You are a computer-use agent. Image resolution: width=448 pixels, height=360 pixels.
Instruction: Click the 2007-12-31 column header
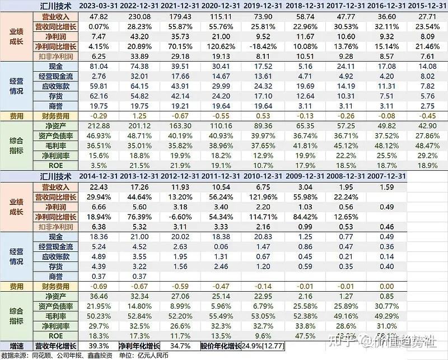[x=388, y=176]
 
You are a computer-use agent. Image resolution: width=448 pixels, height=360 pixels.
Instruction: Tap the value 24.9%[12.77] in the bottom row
[x=263, y=345]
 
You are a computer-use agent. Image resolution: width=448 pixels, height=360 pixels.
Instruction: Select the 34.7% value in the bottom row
[x=182, y=345]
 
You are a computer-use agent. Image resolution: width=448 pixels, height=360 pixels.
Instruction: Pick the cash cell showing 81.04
[x=99, y=66]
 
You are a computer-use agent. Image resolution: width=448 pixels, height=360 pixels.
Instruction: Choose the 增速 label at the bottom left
[x=16, y=345]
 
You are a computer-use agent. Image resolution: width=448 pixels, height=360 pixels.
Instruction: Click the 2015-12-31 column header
[x=427, y=5]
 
